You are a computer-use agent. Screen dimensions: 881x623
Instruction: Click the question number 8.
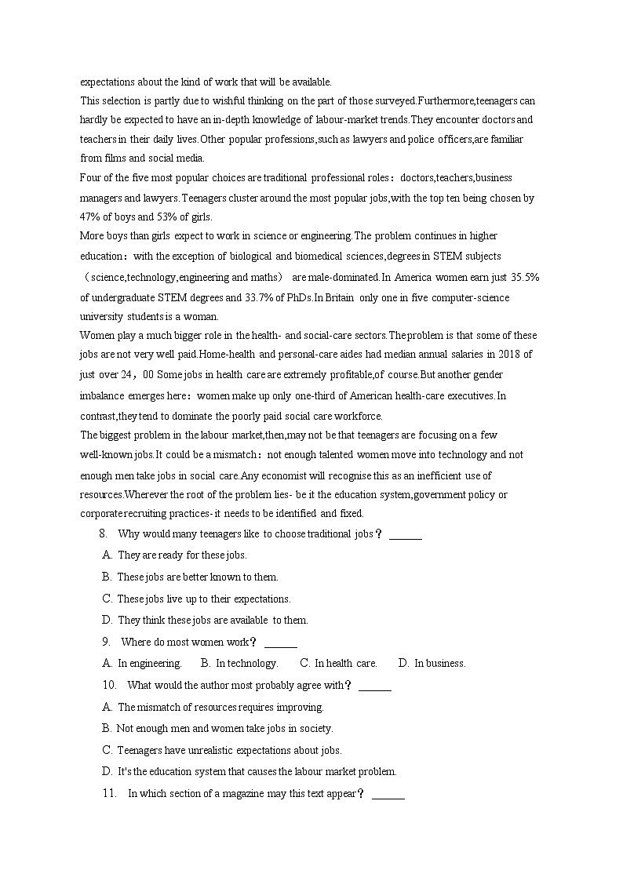(x=103, y=534)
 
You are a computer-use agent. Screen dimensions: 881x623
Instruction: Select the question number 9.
(x=105, y=642)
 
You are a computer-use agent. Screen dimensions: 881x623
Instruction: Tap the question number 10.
(x=109, y=685)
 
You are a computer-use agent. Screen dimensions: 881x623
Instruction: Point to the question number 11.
(x=109, y=793)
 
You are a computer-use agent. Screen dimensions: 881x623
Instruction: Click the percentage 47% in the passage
(x=90, y=217)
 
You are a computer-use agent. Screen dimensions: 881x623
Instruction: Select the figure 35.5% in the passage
(x=523, y=278)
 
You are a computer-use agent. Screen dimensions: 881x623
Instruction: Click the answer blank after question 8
(x=406, y=536)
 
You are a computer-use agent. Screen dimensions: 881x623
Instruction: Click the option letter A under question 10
(x=107, y=707)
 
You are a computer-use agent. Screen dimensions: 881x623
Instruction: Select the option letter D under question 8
(x=107, y=621)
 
